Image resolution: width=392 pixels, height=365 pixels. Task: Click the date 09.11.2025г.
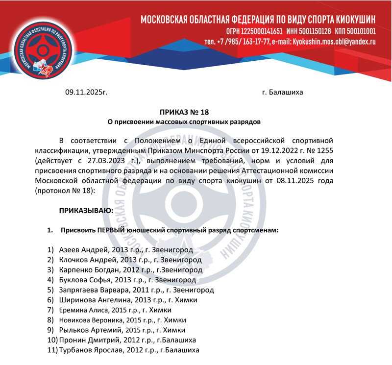tap(86, 92)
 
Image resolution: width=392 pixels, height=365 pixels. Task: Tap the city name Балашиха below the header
tap(286, 92)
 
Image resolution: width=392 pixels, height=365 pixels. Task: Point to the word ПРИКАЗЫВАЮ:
tap(86, 211)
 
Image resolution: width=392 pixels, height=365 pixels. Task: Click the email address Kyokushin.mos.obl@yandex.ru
tap(334, 42)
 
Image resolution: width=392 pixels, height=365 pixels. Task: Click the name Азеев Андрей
tap(81, 250)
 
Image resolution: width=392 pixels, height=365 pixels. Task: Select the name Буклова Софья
tap(84, 280)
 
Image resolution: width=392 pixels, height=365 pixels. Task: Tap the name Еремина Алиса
tap(80, 310)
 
